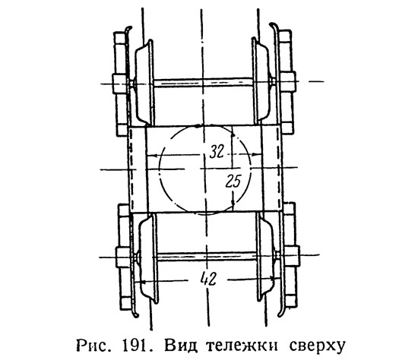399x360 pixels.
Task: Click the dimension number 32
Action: coord(217,152)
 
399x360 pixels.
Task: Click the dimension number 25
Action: coord(233,181)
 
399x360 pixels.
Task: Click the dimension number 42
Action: coord(208,279)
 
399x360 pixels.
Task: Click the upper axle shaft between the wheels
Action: coord(203,83)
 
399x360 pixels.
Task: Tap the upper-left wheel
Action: coord(144,83)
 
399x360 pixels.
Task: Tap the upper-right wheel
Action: coord(260,80)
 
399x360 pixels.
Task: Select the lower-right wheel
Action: coord(265,256)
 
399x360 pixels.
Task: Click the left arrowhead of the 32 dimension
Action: coord(150,156)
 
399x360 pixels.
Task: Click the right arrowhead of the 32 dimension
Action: coord(257,154)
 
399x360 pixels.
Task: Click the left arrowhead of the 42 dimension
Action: coord(138,282)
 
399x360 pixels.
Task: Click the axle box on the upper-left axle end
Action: coord(119,83)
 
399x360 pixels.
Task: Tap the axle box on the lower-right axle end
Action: coord(292,255)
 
